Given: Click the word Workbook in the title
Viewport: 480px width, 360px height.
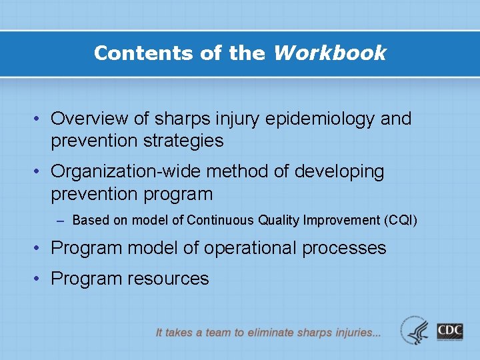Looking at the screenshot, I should pos(329,53).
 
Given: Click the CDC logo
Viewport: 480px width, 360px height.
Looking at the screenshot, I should pos(450,331).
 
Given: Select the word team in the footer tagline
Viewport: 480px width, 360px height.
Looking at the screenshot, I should pos(219,332).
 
